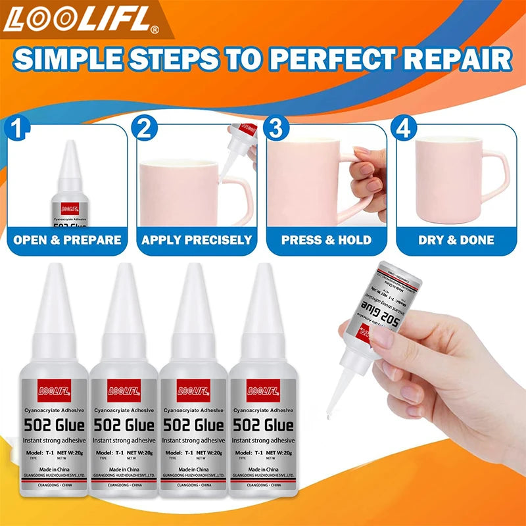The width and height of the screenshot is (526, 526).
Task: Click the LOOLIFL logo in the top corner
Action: coord(79,20)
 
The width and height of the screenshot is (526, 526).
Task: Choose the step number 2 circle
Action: coord(147,128)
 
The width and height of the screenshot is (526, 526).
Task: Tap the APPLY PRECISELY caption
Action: coord(197,240)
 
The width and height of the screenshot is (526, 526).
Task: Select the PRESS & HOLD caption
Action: coord(326,240)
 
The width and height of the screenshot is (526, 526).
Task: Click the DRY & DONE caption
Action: coord(456,240)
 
